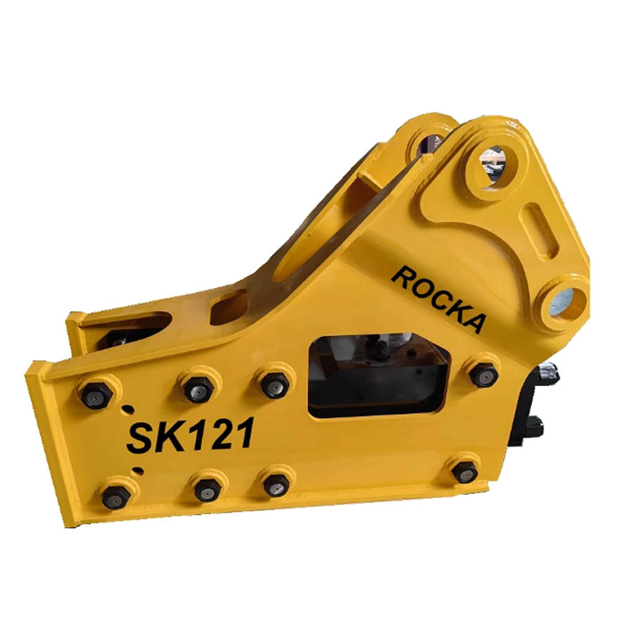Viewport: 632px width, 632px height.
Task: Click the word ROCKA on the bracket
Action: click(438, 298)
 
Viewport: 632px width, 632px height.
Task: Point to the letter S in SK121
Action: click(140, 437)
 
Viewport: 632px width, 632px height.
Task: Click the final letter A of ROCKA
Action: click(472, 319)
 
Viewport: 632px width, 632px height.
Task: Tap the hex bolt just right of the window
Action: click(484, 374)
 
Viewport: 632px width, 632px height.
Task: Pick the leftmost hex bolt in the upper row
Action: click(97, 395)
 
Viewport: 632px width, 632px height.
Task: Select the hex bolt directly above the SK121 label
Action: click(198, 389)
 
